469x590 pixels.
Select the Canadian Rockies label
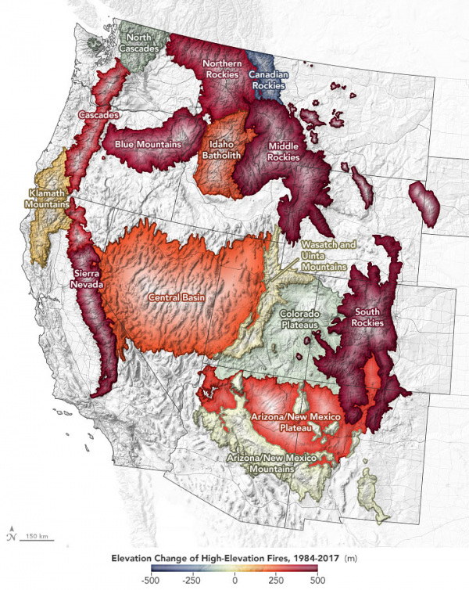(x=270, y=80)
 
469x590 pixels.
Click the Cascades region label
(x=98, y=116)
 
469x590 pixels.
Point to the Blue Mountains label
(x=148, y=144)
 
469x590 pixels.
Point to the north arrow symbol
(x=11, y=533)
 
